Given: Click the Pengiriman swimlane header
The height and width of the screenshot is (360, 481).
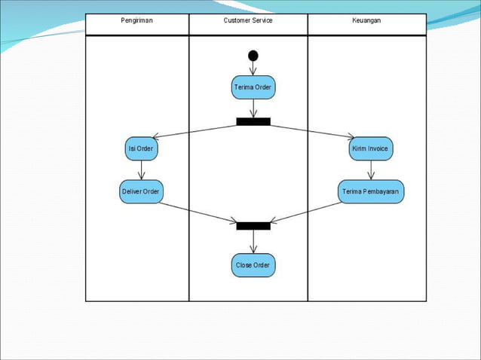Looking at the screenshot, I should pos(136,20).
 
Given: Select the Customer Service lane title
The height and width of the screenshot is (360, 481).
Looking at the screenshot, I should pos(248,20).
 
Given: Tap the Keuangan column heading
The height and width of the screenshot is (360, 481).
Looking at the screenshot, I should pos(366,20).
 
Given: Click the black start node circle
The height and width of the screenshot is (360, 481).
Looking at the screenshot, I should pos(253,55).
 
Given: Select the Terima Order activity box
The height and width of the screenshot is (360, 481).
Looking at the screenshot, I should pos(253,87).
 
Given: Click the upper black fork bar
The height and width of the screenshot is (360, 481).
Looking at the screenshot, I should pos(253,121).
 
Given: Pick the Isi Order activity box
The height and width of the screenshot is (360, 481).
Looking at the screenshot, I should pos(141,149).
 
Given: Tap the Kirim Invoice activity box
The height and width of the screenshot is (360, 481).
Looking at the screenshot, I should pos(370,149).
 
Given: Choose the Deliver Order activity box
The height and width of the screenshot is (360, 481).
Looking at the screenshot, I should pos(141,191).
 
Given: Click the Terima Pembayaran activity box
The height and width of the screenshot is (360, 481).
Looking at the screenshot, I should pos(370,191).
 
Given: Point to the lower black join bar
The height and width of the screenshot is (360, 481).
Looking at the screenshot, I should pos(253,225).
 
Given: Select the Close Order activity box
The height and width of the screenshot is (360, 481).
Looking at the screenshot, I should pos(253,265).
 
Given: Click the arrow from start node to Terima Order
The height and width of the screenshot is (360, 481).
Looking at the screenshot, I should pos(253,68).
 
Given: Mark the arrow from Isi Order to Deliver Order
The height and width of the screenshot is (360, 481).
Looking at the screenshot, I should pos(141,169).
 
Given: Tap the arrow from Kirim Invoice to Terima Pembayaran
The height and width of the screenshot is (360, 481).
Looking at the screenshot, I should pos(370,169).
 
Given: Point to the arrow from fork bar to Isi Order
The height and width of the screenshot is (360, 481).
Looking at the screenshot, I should pos(196,131).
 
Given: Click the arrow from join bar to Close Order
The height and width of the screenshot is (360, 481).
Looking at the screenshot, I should pos(253,242).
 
